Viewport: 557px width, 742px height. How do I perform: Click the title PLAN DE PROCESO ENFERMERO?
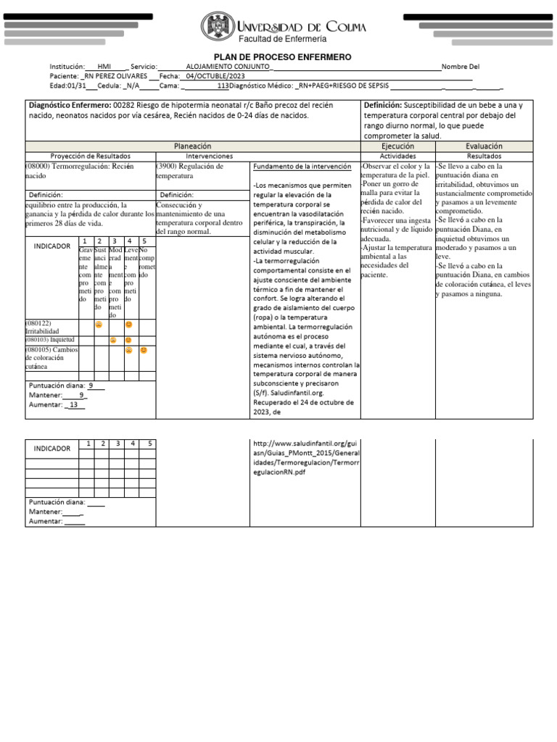pos(282,57)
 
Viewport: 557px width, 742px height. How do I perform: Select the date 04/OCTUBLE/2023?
pos(216,75)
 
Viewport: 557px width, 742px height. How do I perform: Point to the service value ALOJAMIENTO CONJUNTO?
pos(227,66)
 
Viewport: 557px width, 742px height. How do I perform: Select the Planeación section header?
pos(193,146)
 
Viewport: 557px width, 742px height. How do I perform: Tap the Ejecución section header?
pos(397,146)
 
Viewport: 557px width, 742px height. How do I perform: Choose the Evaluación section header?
pos(483,146)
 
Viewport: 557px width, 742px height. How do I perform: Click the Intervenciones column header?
pos(209,156)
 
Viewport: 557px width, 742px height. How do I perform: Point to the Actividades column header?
pos(397,156)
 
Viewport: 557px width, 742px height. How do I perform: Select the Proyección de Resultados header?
pos(90,156)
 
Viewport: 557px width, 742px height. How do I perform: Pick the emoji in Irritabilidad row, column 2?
pos(99,324)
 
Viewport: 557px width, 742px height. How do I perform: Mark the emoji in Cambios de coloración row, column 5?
pos(144,351)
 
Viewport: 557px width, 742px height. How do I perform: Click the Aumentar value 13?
pos(74,404)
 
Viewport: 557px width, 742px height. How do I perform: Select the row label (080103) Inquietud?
pos(51,339)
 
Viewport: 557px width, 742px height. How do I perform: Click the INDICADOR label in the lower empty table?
pos(52,448)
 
